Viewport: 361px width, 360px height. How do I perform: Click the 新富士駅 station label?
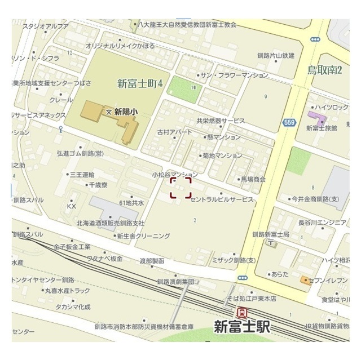click(243, 327)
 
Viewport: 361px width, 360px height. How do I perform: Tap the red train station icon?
click(242, 313)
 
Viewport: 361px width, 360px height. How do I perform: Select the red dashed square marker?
click(181, 188)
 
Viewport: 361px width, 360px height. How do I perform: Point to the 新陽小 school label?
click(125, 112)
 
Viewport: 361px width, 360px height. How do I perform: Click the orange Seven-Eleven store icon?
click(305, 280)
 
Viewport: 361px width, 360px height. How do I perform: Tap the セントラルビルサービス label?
click(222, 200)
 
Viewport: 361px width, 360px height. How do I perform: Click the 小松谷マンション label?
click(175, 175)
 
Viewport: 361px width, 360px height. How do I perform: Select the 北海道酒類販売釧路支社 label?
click(111, 223)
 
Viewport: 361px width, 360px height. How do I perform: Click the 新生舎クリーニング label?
click(143, 236)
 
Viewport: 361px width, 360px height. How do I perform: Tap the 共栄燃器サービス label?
click(221, 121)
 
